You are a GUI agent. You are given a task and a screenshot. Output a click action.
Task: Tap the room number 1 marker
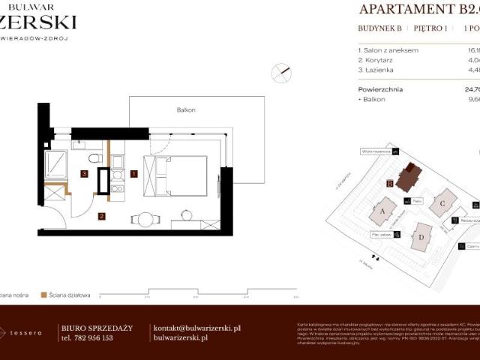(x=133, y=174)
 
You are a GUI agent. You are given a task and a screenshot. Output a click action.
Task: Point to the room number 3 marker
(x=85, y=174)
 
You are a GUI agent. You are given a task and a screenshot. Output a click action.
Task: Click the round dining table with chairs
(x=145, y=220)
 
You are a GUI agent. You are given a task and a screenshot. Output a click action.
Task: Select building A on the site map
(x=382, y=211)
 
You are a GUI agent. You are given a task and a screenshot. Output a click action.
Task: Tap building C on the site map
(x=444, y=202)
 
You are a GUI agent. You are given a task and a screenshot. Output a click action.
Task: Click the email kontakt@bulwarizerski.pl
(x=196, y=328)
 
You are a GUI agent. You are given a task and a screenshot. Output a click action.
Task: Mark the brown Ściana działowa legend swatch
(x=44, y=295)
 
